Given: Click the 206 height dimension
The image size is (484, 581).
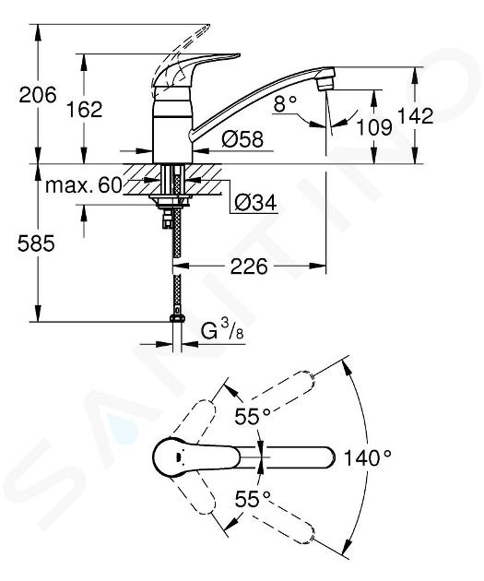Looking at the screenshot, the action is pyautogui.click(x=38, y=95).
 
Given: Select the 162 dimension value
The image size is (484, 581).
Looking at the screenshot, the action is pyautogui.click(x=85, y=110).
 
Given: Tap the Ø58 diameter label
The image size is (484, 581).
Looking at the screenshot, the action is pyautogui.click(x=242, y=139).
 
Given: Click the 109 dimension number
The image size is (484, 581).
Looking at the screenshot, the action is pyautogui.click(x=374, y=127).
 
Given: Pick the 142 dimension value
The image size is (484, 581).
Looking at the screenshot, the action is pyautogui.click(x=416, y=116).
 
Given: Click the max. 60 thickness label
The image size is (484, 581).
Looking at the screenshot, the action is pyautogui.click(x=84, y=184).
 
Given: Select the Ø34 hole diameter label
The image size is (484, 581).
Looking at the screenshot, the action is pyautogui.click(x=255, y=203).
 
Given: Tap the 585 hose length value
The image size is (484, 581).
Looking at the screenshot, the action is pyautogui.click(x=36, y=243).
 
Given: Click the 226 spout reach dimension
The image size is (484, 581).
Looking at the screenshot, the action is pyautogui.click(x=249, y=267).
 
